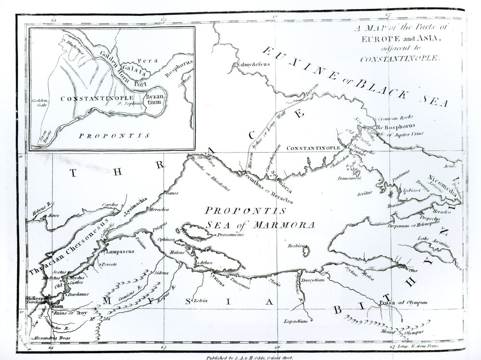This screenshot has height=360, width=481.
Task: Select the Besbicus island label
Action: click(297, 245)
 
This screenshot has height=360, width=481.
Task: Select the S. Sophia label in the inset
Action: click(127, 102)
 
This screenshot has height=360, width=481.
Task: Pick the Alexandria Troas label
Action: click(50, 339)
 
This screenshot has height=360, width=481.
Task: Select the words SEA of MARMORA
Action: click(259, 224)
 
